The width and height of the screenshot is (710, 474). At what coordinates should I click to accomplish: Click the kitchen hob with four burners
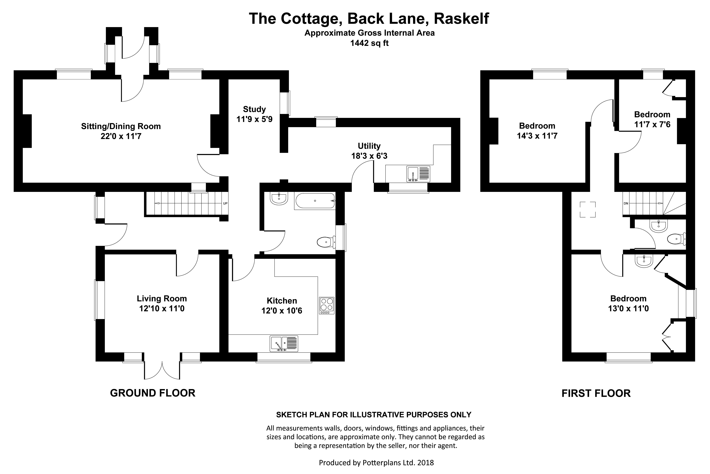327,305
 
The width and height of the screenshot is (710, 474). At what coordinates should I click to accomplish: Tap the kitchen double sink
284,344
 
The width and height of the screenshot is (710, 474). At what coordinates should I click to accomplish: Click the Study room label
254,109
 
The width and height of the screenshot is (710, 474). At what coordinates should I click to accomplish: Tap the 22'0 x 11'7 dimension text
121,136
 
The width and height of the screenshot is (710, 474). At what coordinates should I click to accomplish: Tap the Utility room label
369,146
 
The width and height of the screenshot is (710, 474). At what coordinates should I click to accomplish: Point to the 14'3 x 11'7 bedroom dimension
537,136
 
